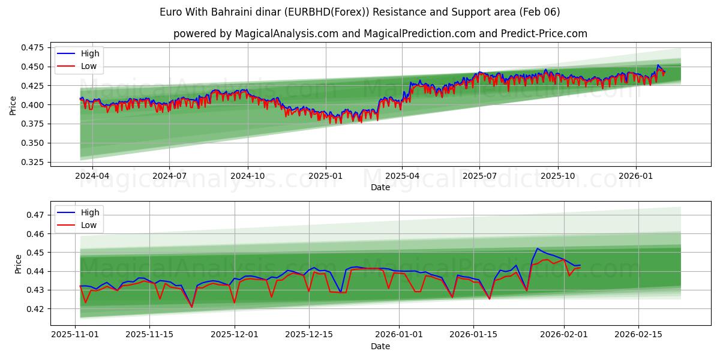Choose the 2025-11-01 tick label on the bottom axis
click(75, 335)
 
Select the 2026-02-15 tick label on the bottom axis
click(638, 335)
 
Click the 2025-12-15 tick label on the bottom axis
click(309, 335)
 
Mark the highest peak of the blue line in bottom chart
click(537, 248)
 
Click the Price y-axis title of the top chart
click(13, 105)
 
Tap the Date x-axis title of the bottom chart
click(380, 346)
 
